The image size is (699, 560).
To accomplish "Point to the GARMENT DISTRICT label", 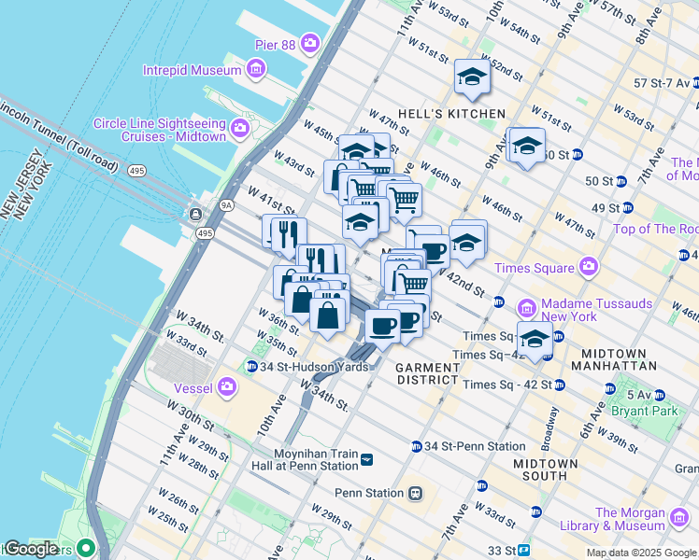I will pos(426,373).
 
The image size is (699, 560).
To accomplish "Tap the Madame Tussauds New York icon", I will pos(526,307).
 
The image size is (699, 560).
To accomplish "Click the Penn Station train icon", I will pos(415,493).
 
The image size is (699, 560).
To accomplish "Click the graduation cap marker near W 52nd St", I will pos(472,77).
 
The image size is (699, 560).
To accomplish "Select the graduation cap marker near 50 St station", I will pos(527,146).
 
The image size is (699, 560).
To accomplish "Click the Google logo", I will pos(31,549).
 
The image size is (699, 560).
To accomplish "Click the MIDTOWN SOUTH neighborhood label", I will pos(539,469).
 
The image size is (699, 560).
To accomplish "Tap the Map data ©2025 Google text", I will pos(640,553).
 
